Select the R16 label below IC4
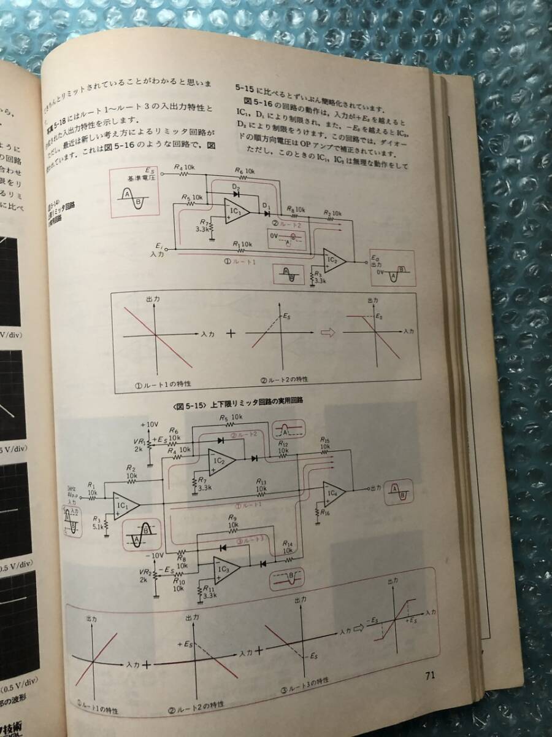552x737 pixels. pyautogui.click(x=323, y=511)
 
